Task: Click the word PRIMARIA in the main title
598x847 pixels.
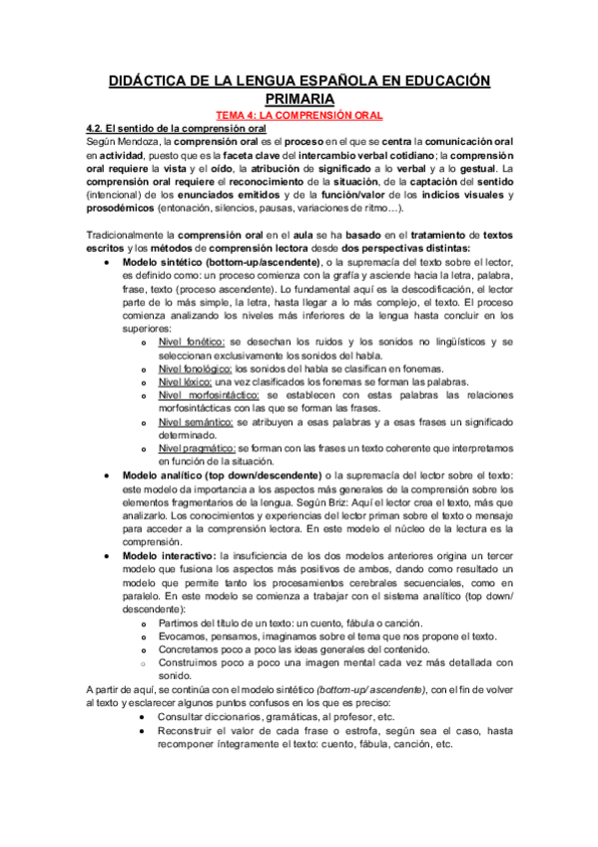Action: coord(299,99)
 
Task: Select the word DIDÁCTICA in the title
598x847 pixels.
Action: coord(155,80)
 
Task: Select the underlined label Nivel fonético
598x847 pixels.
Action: coord(191,341)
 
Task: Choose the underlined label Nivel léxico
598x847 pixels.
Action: coord(185,381)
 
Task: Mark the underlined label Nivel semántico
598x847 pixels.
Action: coord(194,422)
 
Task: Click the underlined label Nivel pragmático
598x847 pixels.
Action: coord(196,448)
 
